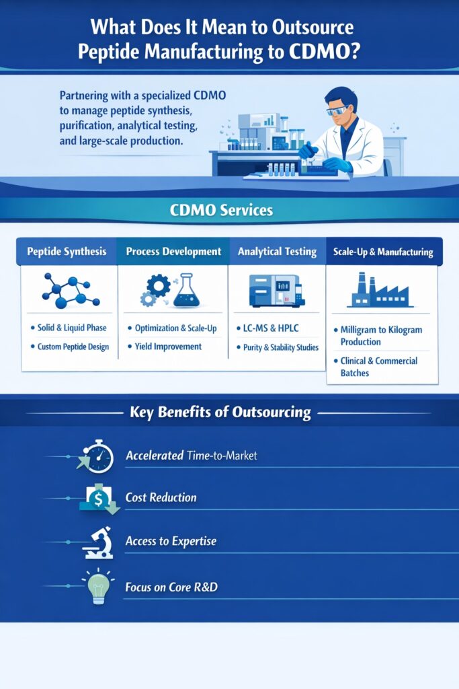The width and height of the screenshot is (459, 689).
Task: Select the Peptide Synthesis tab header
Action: tap(67, 252)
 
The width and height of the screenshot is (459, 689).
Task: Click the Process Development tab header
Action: tap(173, 252)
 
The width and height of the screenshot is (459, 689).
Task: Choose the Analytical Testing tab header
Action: tap(277, 252)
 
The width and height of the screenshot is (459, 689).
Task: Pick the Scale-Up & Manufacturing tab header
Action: tap(383, 252)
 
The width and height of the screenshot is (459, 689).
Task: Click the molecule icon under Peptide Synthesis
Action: tap(71, 291)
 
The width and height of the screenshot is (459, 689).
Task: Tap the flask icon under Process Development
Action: tap(182, 290)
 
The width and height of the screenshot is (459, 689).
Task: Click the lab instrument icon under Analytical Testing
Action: tap(276, 290)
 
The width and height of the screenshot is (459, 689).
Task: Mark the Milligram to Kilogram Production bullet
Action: tap(380, 336)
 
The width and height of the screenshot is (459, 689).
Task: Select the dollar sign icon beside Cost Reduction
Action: tap(98, 499)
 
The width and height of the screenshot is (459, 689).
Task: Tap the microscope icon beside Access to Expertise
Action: tap(98, 542)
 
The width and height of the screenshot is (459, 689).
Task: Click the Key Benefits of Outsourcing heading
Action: tap(220, 412)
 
